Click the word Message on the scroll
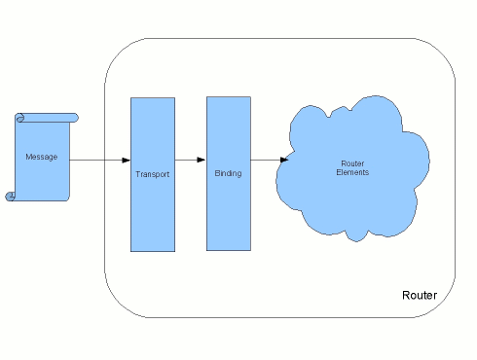click(40, 156)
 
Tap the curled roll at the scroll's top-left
click(19, 118)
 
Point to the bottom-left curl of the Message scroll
click(11, 196)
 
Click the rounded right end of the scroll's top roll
click(74, 117)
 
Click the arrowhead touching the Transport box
click(126, 160)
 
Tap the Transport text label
click(153, 173)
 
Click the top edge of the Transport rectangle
click(153, 98)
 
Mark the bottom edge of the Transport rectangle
click(153, 251)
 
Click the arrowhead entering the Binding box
click(202, 160)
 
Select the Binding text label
click(228, 173)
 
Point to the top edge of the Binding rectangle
click(228, 98)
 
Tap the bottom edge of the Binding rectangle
click(228, 251)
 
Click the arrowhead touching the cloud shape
click(283, 160)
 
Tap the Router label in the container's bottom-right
click(420, 295)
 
